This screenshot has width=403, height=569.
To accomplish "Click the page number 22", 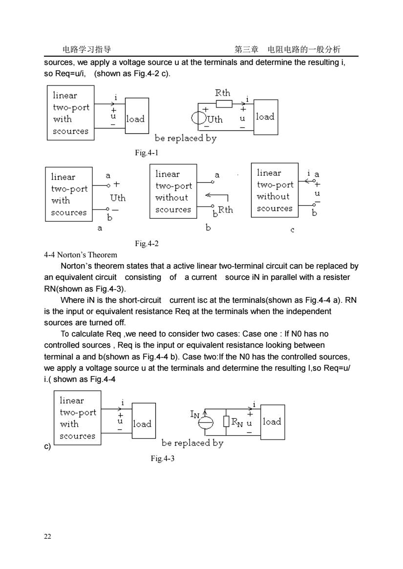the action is point(47,536).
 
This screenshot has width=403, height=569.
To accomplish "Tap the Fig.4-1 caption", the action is point(147,153).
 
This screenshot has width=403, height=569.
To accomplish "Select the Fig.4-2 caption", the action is point(147,244).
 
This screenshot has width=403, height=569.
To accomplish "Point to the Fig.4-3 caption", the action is point(163,458).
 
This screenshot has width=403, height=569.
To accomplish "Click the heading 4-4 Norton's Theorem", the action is point(81,255).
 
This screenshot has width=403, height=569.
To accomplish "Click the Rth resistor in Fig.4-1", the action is point(224,104).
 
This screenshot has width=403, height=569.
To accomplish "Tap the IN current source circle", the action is point(205,422).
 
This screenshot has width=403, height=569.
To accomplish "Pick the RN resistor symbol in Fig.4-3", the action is point(226,421).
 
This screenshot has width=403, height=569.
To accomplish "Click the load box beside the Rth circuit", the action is point(266,117).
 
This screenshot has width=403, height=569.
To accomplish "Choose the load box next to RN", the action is point(272,422).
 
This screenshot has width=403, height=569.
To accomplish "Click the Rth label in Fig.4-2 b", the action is point(226,210).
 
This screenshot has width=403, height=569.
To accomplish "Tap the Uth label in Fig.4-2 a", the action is point(118,198).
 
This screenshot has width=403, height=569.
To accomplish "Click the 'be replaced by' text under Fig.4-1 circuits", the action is point(186,138).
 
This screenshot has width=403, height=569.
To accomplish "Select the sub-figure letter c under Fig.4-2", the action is point(292,230).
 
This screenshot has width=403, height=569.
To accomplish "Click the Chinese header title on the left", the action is point(87,49).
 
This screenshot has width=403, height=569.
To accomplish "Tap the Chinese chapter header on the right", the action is point(287,49).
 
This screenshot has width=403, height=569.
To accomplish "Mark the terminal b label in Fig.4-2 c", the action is point(315,213).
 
